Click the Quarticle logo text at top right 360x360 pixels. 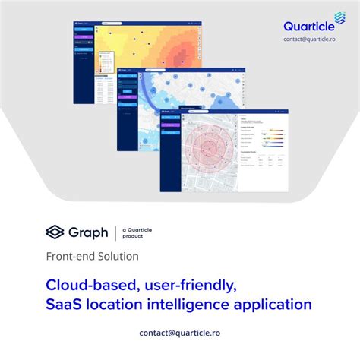pos(312,27)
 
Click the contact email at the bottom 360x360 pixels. pos(180,333)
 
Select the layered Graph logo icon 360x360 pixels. pos(55,232)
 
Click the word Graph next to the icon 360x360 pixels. pos(87,232)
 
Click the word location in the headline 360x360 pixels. pos(122,304)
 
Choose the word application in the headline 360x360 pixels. pos(276,304)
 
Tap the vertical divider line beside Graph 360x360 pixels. pos(115,232)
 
